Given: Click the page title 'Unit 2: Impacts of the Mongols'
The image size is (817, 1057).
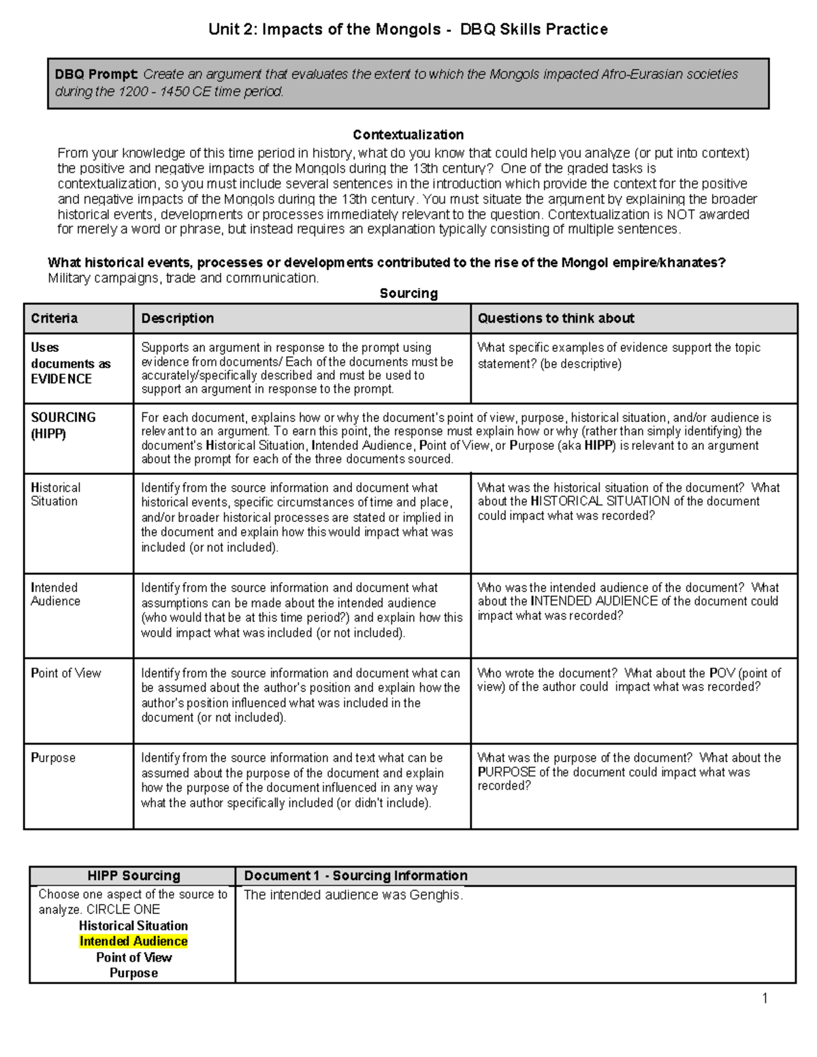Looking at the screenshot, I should (x=324, y=29).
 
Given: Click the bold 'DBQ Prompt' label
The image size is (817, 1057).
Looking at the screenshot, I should (x=96, y=74).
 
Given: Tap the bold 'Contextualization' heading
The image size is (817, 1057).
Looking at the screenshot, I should (x=408, y=135).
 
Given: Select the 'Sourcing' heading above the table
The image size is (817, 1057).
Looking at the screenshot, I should (x=408, y=293).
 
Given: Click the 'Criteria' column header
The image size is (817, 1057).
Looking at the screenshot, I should (x=54, y=319).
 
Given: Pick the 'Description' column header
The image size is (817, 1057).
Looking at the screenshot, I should (x=177, y=319).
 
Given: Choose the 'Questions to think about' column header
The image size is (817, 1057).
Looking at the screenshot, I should (x=556, y=319).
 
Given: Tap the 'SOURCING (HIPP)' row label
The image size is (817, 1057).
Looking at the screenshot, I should (x=63, y=425).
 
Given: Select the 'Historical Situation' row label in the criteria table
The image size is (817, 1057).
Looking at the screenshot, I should (x=55, y=494).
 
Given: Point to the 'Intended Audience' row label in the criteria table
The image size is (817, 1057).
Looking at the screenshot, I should (x=55, y=594).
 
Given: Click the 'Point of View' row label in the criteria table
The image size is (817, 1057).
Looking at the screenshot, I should (x=65, y=673).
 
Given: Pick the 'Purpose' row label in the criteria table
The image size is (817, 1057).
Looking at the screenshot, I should (x=53, y=758).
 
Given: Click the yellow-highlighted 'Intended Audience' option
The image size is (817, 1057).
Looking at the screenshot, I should (x=133, y=941).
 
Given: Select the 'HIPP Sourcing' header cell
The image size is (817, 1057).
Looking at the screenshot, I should (x=133, y=876).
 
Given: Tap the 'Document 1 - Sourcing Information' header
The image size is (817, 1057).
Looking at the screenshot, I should (x=355, y=876).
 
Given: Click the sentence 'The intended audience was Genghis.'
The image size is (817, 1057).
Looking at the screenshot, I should (x=353, y=895).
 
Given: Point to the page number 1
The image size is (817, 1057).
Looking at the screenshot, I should (x=765, y=998).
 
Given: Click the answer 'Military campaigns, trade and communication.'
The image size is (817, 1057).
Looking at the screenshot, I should (x=183, y=278).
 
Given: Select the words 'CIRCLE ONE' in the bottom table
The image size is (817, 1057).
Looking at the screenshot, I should (x=123, y=910).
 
